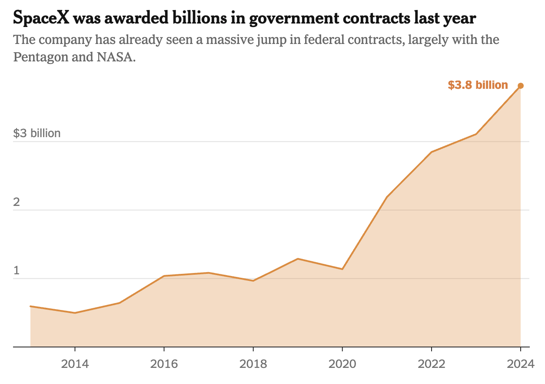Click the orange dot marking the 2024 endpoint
[x=521, y=86]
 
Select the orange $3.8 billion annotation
[x=478, y=85]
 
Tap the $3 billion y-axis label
[x=37, y=133]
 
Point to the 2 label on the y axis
[x=17, y=202]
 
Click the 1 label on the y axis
[x=17, y=270]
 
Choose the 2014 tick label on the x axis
[x=75, y=364]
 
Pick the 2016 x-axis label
[x=164, y=364]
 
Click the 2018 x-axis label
[x=253, y=364]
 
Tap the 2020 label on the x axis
[x=342, y=364]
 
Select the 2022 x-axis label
[x=431, y=364]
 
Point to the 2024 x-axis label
[x=520, y=364]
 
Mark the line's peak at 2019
[x=298, y=259]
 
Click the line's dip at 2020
[x=342, y=269]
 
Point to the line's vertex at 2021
[x=387, y=197]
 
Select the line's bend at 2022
[x=431, y=152]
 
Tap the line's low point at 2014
[x=75, y=313]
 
